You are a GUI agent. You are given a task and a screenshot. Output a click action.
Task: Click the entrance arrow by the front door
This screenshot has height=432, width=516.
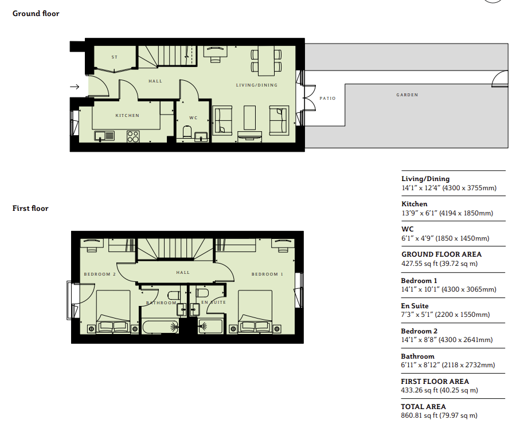(x=75, y=87)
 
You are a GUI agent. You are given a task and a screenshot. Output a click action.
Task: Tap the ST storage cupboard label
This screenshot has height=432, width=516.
(x=115, y=57)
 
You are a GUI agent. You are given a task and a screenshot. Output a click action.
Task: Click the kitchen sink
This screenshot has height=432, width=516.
(x=104, y=136)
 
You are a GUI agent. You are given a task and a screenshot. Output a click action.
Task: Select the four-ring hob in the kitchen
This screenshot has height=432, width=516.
(x=133, y=136)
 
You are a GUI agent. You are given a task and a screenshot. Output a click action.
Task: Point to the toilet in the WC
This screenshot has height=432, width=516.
(x=187, y=132)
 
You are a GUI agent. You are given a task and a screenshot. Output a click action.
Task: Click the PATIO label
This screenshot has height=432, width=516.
(x=327, y=99)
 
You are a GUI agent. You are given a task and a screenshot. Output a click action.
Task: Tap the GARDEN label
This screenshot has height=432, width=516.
(x=407, y=95)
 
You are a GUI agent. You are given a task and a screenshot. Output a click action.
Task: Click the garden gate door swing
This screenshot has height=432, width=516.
(x=499, y=79)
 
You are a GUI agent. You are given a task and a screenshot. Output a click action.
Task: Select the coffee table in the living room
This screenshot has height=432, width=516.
(x=249, y=117)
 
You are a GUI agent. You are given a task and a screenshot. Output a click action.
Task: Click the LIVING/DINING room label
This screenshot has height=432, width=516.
(x=257, y=85)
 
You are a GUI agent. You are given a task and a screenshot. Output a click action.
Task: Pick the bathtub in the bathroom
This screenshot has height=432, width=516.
(x=161, y=327)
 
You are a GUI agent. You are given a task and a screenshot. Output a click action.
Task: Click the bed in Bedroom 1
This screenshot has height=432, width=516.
(x=255, y=312)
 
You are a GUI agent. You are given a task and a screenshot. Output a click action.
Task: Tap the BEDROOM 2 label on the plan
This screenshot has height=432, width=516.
(x=100, y=274)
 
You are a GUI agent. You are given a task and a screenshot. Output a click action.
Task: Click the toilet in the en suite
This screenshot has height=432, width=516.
(x=202, y=293)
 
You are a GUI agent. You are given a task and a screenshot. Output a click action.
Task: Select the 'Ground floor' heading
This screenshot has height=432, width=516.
(x=36, y=14)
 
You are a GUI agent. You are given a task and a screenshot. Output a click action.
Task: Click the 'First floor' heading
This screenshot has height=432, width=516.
(x=30, y=209)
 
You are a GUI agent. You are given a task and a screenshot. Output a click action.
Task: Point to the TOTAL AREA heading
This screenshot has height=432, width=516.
(x=423, y=407)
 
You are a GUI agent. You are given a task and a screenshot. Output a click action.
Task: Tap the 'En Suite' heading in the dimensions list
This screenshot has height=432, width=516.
(x=415, y=306)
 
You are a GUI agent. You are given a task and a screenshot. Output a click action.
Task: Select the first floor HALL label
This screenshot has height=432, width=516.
(x=183, y=273)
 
